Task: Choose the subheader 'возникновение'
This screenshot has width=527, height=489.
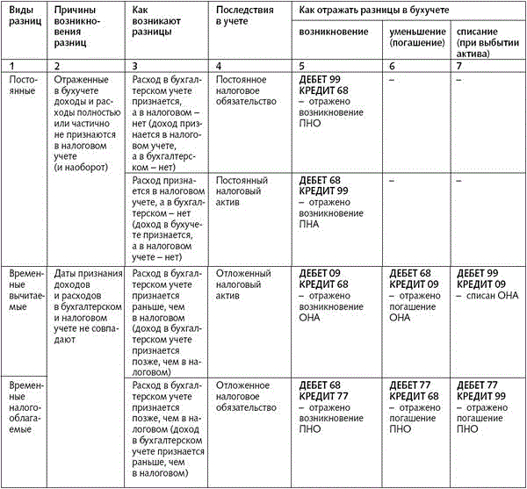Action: point(333,32)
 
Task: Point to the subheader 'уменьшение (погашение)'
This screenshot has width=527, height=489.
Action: point(417,37)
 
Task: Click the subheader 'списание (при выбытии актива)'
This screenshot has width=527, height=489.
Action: point(487,37)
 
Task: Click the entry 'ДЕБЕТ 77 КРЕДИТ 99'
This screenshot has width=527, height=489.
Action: point(479,390)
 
